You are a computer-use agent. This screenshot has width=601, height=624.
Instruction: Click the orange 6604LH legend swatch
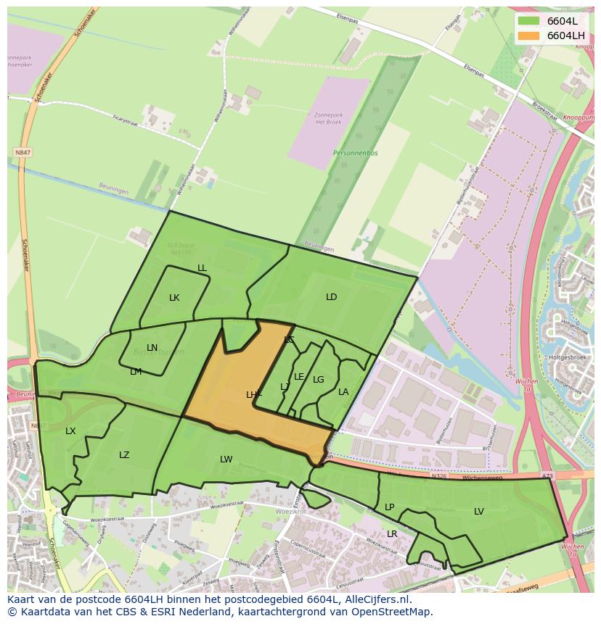click(529, 35)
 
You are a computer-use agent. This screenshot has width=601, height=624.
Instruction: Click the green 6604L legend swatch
click(529, 20)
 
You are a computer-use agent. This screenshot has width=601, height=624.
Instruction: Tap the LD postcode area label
click(332, 297)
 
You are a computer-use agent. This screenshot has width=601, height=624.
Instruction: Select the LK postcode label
click(174, 298)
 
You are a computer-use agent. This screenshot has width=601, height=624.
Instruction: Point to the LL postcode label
click(202, 268)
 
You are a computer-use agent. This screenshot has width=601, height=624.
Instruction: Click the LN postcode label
click(152, 348)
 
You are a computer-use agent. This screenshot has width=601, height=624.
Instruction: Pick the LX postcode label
click(70, 431)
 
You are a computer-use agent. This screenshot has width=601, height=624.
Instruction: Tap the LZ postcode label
click(124, 455)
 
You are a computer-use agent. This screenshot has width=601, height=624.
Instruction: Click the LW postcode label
click(226, 459)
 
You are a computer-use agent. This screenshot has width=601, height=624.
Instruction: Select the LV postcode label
click(479, 512)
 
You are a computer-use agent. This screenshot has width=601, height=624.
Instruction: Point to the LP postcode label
click(390, 507)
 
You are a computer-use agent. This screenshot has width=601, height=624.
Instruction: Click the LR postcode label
click(392, 534)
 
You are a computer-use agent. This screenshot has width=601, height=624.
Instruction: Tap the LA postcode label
click(343, 392)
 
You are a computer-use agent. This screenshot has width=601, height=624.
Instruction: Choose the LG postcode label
click(319, 380)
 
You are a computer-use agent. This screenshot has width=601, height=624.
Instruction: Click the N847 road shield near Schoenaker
click(23, 153)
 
